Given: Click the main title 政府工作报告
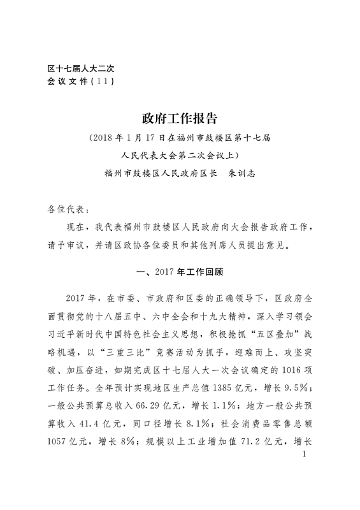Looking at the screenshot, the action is (x=180, y=118).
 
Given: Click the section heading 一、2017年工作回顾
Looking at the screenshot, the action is (x=180, y=271).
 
